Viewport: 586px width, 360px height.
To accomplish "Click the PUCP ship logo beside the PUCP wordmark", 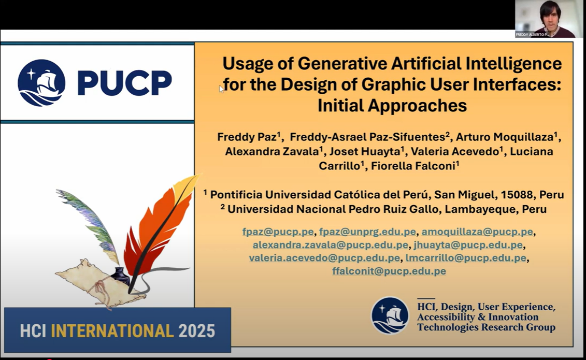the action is [x=41, y=82].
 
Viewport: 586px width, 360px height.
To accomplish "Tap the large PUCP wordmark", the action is [x=124, y=82].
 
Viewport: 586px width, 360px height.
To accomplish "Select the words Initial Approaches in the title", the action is [x=392, y=105].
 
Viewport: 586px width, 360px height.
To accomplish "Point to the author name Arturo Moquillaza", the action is [x=505, y=137].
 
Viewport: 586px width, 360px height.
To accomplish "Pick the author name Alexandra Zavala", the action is [x=271, y=151].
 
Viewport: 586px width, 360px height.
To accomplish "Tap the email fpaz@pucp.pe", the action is [x=278, y=232].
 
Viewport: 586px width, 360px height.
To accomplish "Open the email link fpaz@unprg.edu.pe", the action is [x=367, y=232].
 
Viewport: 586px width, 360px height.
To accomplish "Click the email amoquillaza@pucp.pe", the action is [x=477, y=232].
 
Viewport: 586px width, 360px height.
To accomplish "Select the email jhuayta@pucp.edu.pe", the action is [x=468, y=245].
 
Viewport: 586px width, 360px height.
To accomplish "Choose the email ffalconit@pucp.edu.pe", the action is [x=389, y=271].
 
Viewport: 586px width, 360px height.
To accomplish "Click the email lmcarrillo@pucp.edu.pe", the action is [x=466, y=258].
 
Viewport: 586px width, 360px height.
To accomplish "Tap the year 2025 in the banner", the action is [x=196, y=331].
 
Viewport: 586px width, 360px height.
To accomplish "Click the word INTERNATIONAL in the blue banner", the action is [x=112, y=331].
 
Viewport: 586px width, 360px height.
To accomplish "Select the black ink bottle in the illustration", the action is [x=120, y=276].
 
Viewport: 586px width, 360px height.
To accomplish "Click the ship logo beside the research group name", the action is [x=390, y=315].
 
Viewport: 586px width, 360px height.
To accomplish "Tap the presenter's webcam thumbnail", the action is [x=549, y=19].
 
